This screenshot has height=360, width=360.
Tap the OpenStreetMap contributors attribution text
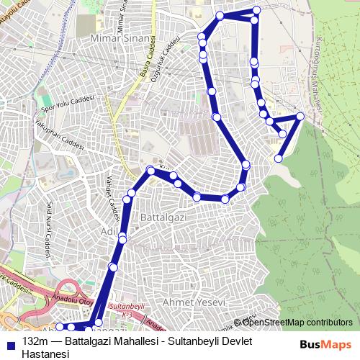pos(296,322)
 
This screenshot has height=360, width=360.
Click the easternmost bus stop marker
pos(300,117)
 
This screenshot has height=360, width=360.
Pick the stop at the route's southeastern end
pos(278,158)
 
